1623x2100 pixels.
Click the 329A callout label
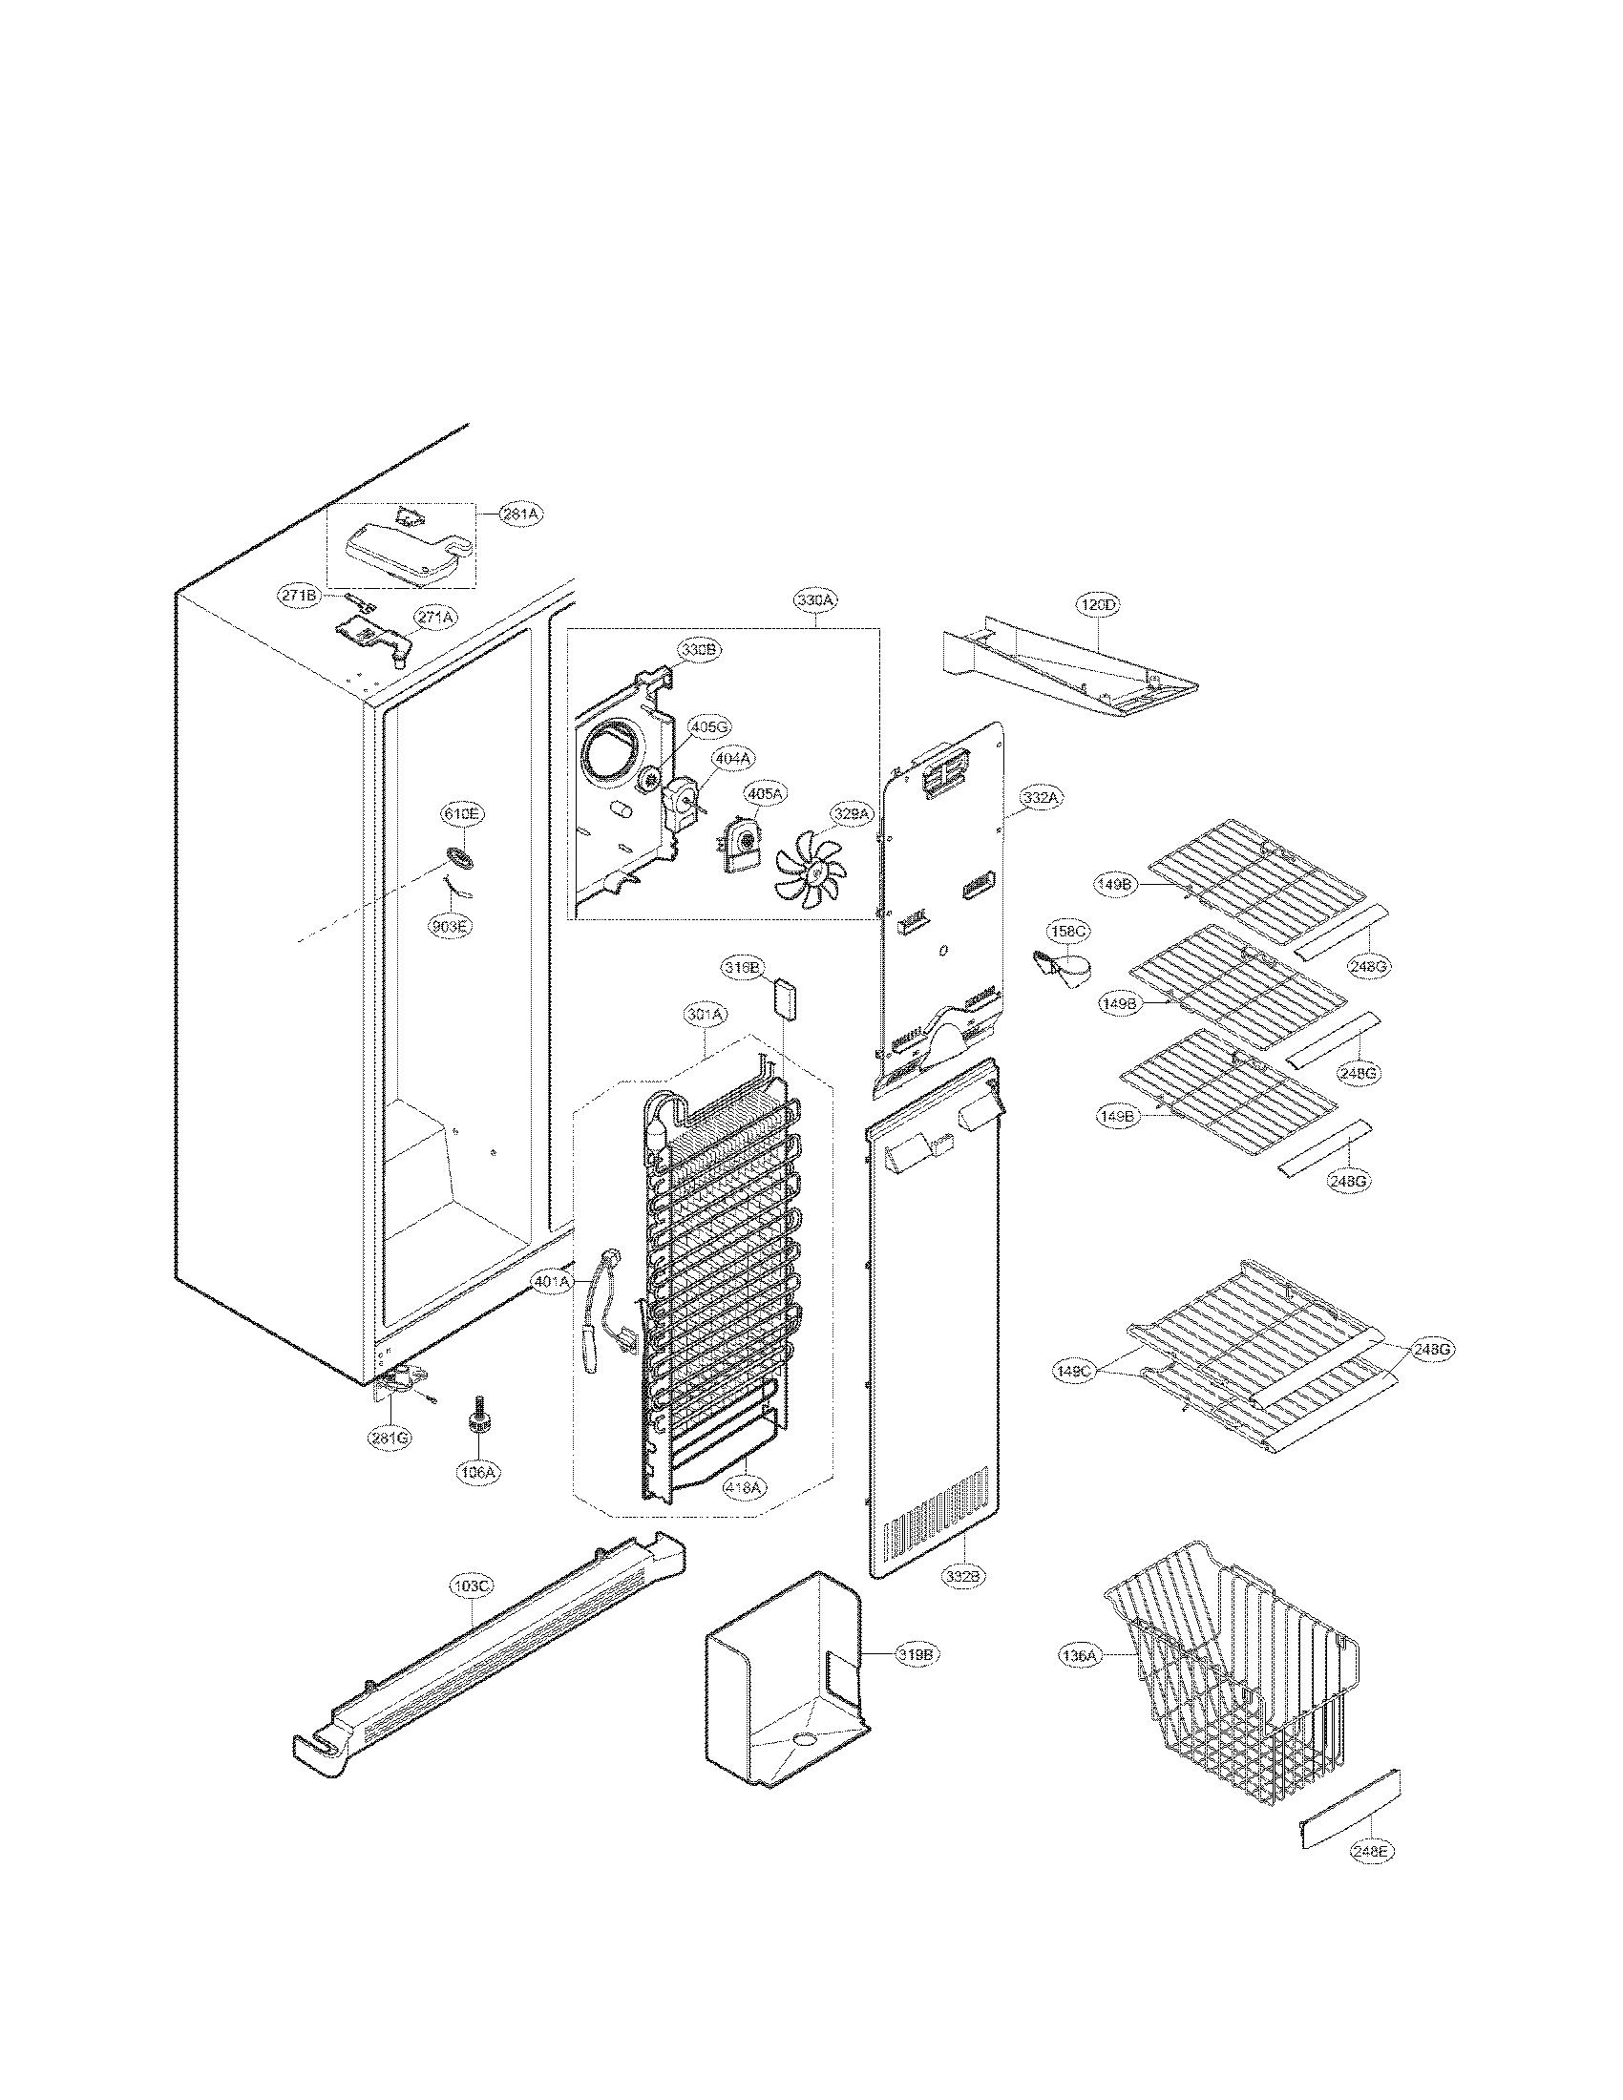851,814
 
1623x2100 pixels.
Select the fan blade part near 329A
810,870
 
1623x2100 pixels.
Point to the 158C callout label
1068,932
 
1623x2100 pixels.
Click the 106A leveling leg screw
475,1437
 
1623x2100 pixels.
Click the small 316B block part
786,997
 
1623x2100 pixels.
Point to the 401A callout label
552,1282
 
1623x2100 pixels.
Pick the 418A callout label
746,1485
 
